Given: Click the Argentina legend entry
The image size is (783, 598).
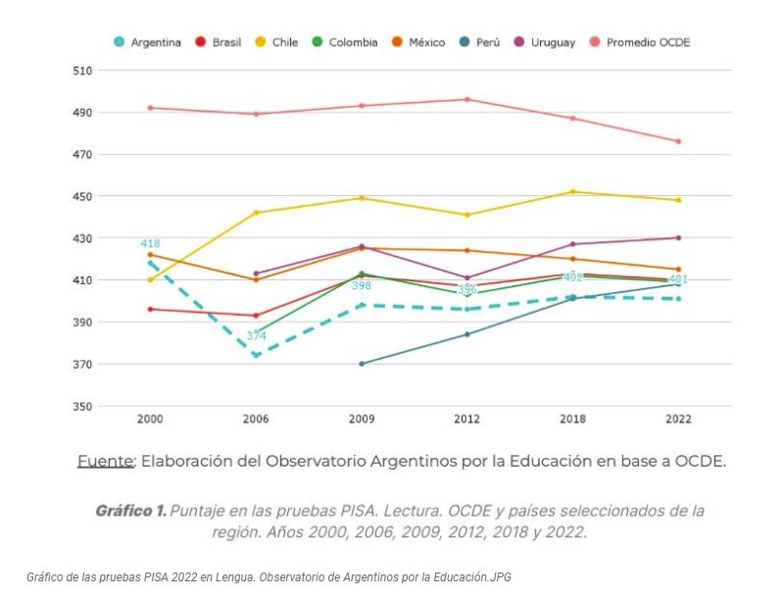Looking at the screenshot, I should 148,42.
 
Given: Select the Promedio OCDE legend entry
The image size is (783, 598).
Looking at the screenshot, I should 640,42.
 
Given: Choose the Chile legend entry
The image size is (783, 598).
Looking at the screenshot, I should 277,42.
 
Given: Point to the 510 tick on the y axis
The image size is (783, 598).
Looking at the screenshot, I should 81,71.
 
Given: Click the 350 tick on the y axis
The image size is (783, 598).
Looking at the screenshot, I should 81,406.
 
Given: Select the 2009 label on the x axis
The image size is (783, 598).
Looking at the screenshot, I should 362,419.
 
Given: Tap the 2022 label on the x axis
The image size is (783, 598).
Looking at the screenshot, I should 677,419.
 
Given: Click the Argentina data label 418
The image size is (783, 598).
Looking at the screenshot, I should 150,243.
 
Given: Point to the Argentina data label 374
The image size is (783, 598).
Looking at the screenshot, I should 256,336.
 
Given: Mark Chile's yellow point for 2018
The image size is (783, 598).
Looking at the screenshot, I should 573,192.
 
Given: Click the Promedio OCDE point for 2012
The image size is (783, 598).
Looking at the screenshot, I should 467,99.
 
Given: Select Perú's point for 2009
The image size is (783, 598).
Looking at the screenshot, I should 362,364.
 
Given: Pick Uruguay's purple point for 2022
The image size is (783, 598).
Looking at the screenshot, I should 678,237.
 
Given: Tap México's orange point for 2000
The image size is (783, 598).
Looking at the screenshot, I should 150,255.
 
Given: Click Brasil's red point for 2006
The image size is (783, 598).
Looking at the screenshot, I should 256,316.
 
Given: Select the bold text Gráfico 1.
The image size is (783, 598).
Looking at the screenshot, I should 129,511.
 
